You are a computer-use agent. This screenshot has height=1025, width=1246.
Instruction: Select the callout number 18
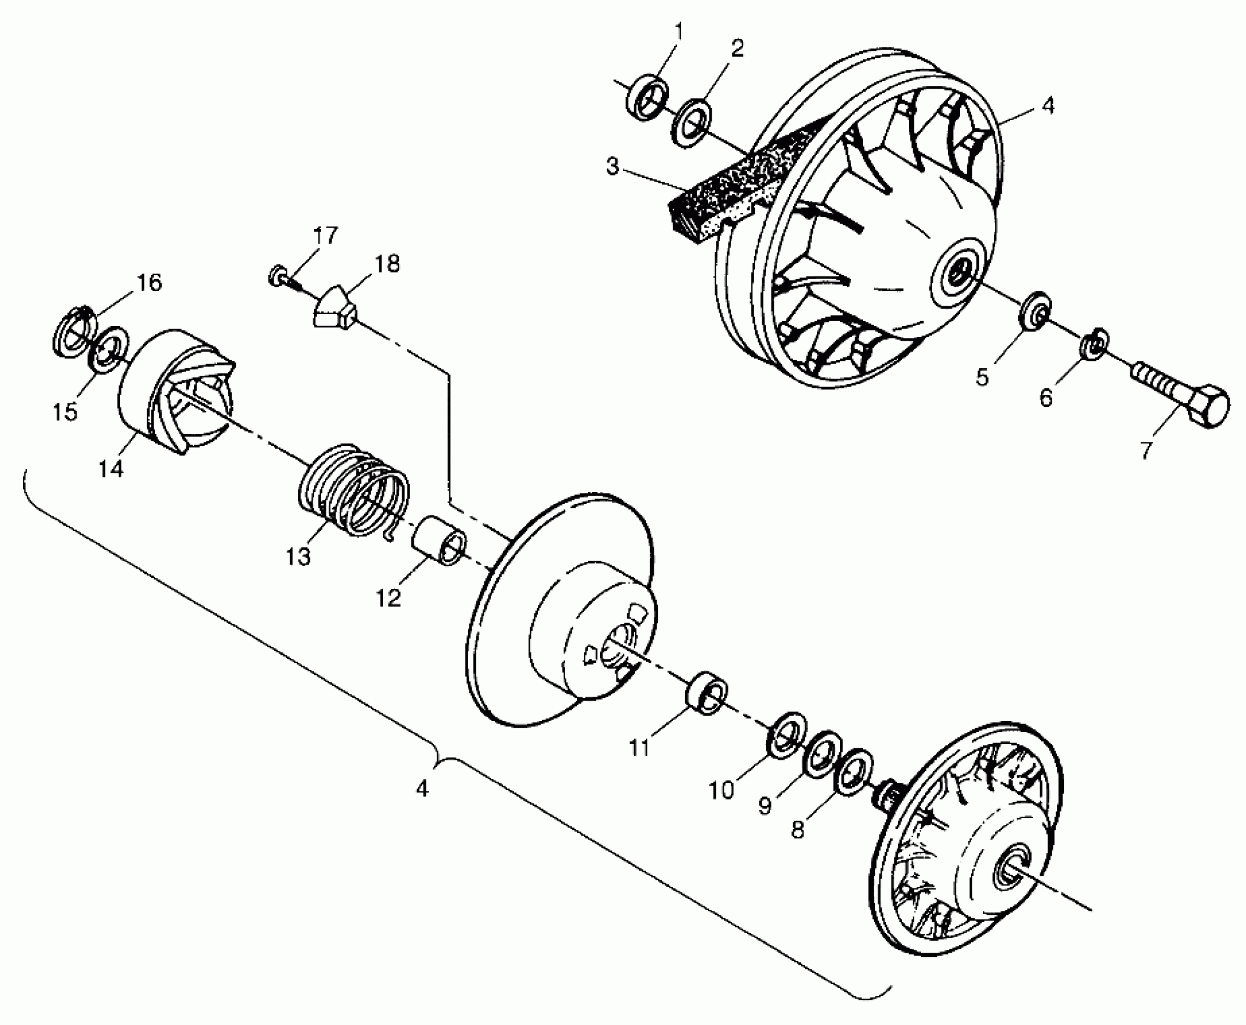(x=388, y=263)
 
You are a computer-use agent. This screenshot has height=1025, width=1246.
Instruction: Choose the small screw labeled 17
(x=280, y=277)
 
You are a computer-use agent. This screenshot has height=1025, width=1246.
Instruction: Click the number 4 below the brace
(x=422, y=788)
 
